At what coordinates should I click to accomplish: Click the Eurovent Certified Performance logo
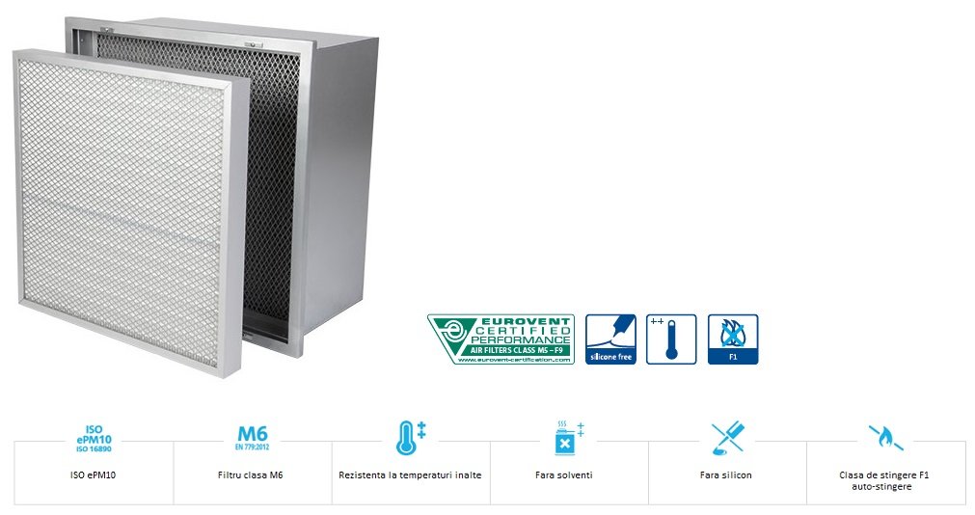pyautogui.click(x=501, y=339)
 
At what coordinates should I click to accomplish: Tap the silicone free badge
pyautogui.click(x=611, y=339)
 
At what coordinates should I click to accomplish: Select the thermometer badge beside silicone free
pyautogui.click(x=671, y=339)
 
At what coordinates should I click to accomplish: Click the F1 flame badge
pyautogui.click(x=733, y=339)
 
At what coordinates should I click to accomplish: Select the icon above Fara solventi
pyautogui.click(x=568, y=438)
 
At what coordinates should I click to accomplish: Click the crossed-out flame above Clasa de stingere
pyautogui.click(x=884, y=438)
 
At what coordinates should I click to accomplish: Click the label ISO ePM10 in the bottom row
pyautogui.click(x=95, y=475)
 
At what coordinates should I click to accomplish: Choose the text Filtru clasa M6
pyautogui.click(x=252, y=475)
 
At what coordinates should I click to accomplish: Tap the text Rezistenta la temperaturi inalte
pyautogui.click(x=410, y=475)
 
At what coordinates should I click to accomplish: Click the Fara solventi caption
pyautogui.click(x=568, y=475)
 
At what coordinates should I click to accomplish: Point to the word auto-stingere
pyautogui.click(x=884, y=487)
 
